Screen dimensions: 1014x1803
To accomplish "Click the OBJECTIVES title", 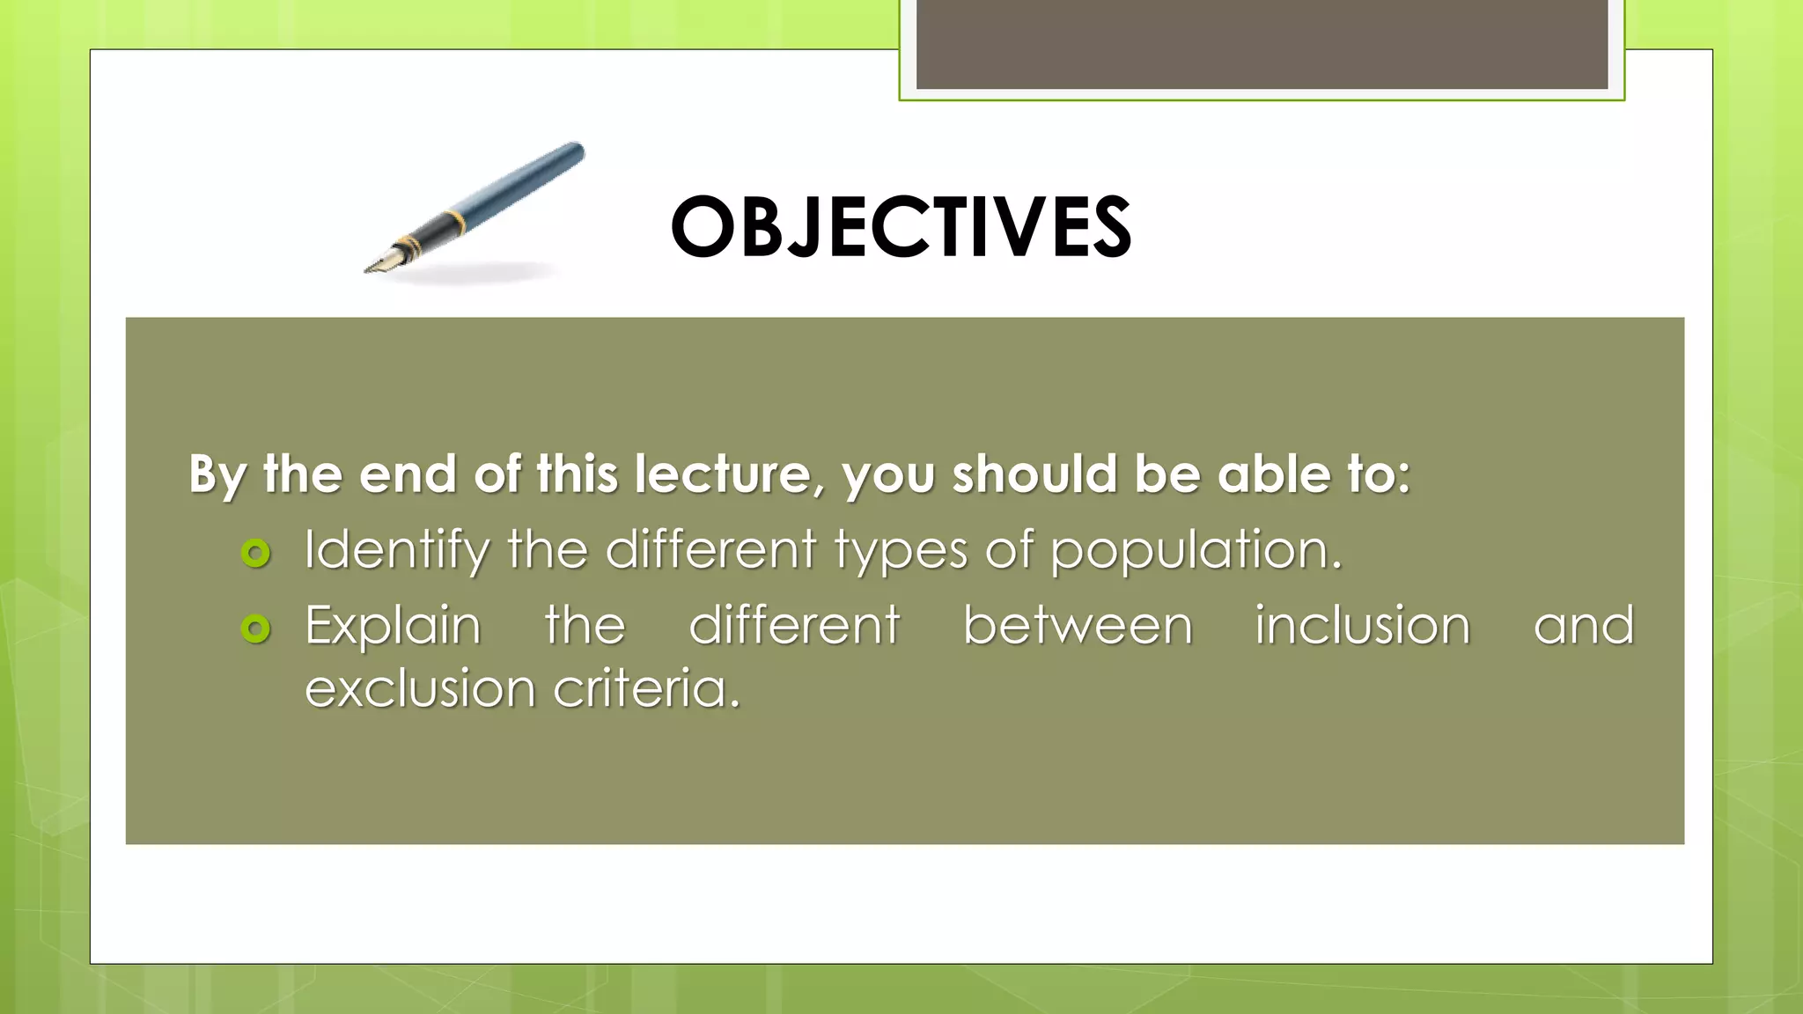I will point(901,228).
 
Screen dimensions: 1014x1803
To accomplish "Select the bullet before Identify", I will point(255,553).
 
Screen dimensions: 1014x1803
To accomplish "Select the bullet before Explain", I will point(255,628).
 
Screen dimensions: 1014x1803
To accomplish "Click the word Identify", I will point(396,551).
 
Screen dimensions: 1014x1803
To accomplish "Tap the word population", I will point(1195,551).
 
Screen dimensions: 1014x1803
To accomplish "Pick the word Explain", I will point(393,627).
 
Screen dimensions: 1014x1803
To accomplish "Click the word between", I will point(1077,627).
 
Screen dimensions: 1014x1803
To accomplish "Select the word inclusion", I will point(1362,627).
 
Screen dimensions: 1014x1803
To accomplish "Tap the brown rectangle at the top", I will point(1262,44).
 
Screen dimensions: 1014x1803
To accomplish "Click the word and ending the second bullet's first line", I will point(1583,627).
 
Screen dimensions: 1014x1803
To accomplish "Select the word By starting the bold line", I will point(217,476).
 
